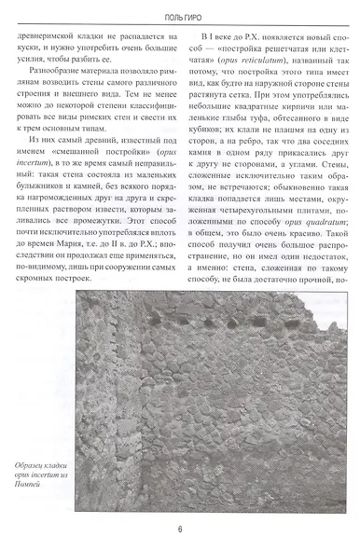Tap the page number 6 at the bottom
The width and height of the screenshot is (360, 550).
pyautogui.click(x=178, y=529)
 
